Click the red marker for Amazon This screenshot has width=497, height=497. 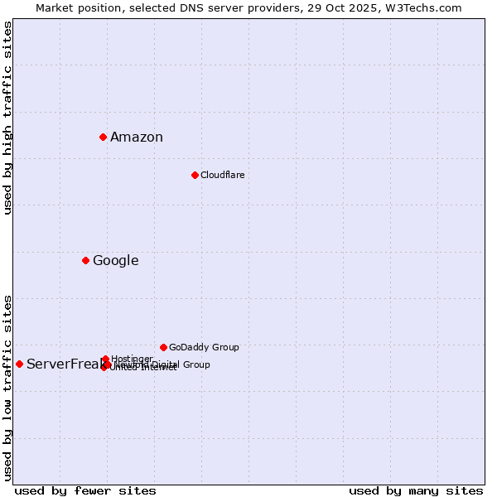[103, 137]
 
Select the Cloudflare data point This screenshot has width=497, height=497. [195, 175]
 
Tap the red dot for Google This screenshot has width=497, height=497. [85, 260]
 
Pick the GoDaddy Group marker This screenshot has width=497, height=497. [163, 347]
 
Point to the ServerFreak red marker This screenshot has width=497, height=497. [19, 364]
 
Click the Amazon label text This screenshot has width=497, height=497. [137, 138]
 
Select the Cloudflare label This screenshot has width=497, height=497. [222, 175]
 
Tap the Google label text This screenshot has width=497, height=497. [115, 261]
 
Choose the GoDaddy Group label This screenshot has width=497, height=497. [204, 347]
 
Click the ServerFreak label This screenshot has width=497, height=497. [63, 364]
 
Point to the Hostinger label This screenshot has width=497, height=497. [132, 359]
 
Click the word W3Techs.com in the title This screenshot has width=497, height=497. [427, 7]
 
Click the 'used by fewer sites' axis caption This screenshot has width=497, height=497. [85, 490]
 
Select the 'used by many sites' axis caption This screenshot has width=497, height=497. [416, 490]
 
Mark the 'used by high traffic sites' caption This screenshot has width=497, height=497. [7, 118]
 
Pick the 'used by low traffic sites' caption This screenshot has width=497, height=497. [7, 387]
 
